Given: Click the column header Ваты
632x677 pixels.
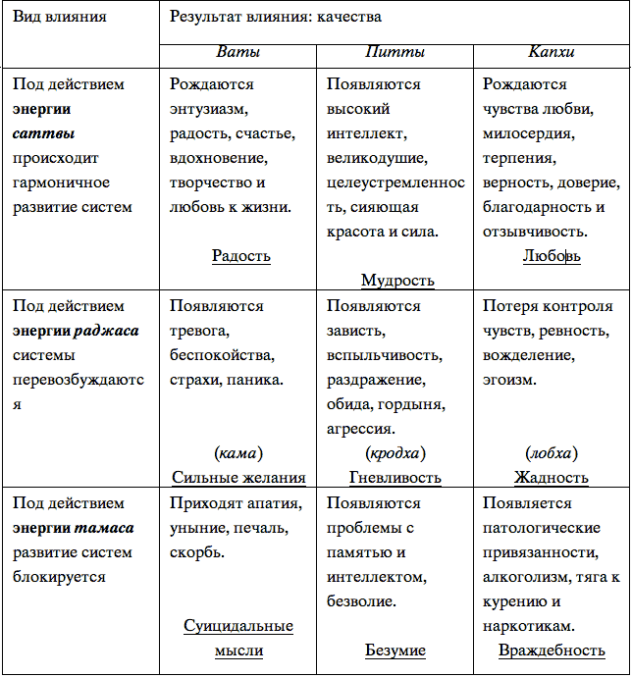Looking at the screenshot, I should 238,52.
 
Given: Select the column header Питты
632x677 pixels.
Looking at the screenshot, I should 394,52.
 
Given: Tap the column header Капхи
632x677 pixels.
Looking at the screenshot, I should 551,52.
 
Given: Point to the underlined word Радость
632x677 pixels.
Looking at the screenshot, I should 240,256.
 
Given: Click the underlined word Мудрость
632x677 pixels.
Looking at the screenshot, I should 397,281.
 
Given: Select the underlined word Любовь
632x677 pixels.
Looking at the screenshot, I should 551,256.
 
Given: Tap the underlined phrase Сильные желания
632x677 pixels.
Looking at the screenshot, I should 238,478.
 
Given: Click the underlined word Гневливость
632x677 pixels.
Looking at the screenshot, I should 395,478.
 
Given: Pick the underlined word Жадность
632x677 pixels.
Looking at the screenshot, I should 551,478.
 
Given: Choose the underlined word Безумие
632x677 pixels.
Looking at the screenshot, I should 395,651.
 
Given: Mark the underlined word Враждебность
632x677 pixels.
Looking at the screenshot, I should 551,651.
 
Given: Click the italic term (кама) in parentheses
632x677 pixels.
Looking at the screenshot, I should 237,453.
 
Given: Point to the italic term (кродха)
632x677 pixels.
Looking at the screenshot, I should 395,453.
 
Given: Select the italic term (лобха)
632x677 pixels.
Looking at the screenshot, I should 551,453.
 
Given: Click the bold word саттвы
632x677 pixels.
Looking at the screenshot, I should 44,133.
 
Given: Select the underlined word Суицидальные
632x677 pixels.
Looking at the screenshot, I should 238,626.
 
